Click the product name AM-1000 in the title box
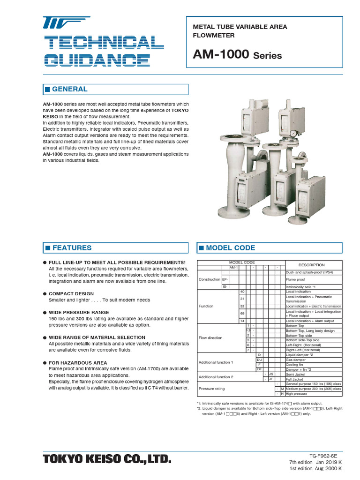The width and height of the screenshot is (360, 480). coord(221,55)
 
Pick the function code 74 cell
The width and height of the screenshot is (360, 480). coord(242,321)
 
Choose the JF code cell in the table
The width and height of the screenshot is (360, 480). coord(270,379)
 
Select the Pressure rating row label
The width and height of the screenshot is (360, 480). coord(212,389)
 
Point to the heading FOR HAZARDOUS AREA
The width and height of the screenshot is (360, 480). coord(78,363)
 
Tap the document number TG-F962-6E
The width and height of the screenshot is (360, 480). coord(323,455)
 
